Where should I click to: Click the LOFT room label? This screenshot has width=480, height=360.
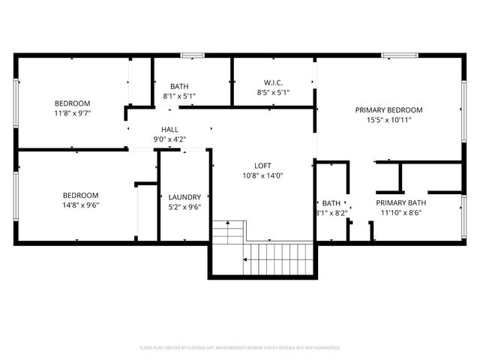(x=262, y=166)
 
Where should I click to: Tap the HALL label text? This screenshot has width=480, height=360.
(x=169, y=130)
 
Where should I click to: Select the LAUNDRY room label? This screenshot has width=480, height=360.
(x=184, y=197)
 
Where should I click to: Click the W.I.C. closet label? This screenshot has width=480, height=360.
(x=272, y=82)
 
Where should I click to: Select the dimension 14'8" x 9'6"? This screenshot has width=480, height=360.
(x=81, y=205)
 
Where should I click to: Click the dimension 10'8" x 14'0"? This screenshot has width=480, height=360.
(x=262, y=175)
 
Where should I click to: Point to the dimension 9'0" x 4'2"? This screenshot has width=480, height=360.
(x=169, y=139)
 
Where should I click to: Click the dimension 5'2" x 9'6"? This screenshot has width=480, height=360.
(x=184, y=207)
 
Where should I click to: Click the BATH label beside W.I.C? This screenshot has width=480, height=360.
(x=179, y=86)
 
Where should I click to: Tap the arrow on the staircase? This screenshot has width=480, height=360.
(x=245, y=259)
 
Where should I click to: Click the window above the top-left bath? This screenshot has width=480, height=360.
(x=193, y=55)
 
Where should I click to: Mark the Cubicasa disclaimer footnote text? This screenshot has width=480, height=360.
(x=240, y=348)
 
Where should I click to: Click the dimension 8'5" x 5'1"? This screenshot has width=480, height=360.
(x=272, y=92)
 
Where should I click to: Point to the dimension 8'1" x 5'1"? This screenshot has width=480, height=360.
(x=179, y=96)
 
